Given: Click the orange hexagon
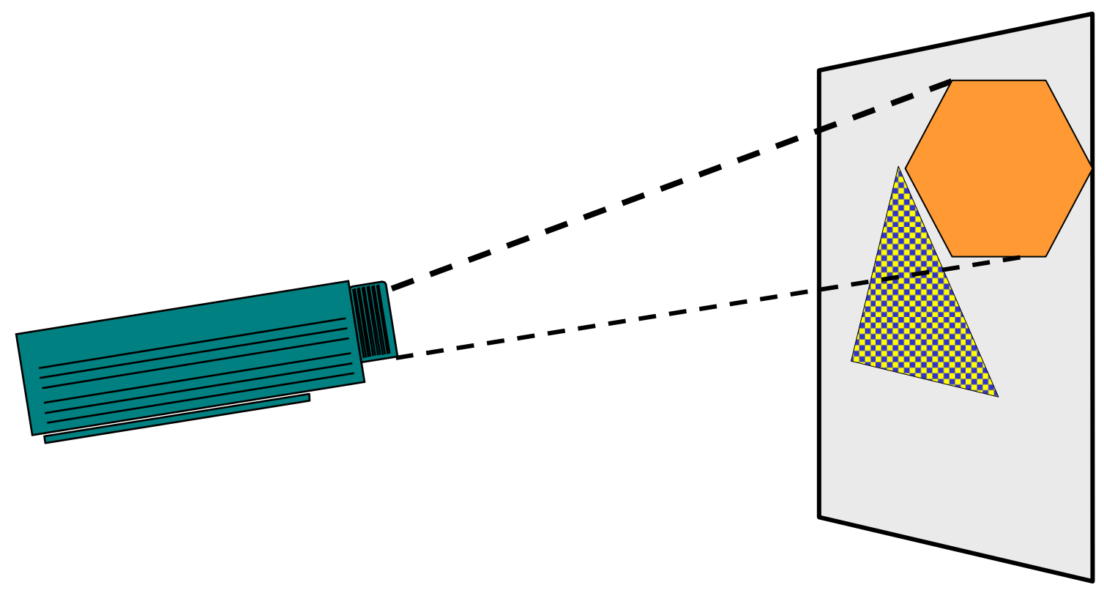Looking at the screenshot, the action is (999, 168).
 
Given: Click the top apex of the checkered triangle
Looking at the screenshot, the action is (898, 168).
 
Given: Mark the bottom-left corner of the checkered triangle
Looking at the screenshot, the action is (852, 360).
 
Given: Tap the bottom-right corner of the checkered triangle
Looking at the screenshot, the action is (997, 396).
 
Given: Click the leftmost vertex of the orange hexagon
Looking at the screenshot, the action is (906, 168).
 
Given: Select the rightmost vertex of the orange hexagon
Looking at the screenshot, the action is (1092, 168).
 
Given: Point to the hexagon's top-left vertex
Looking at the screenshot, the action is (952, 81).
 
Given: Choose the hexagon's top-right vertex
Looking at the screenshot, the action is (1045, 81).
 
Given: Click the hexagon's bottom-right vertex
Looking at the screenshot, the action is (1045, 256).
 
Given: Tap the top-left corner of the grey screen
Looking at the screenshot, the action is (819, 71).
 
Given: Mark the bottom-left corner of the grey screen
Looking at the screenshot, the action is (819, 517).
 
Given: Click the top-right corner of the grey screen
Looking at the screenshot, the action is (1092, 14).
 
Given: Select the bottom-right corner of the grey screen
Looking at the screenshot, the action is (1092, 581).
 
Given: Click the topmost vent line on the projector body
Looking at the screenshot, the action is (192, 343).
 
